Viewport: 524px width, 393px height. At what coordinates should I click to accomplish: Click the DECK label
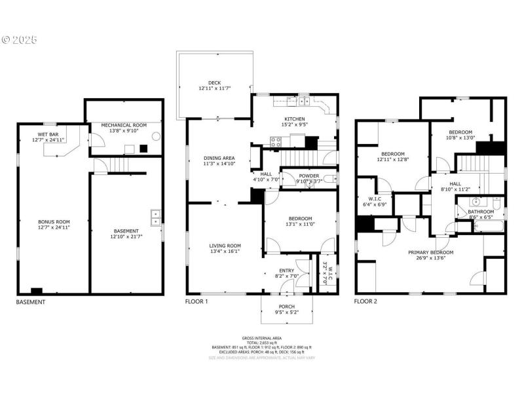[x=215, y=81]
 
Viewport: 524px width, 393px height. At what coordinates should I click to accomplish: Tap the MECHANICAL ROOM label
[x=124, y=124]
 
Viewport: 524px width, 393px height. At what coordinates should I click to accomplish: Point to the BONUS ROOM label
[x=54, y=221]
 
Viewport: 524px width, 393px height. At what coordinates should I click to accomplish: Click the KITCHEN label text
[x=294, y=119]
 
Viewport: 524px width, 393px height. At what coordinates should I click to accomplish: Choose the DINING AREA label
[x=219, y=159]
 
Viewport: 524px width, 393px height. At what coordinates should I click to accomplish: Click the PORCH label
[x=286, y=307]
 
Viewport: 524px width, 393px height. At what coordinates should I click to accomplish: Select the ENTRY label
[x=287, y=271]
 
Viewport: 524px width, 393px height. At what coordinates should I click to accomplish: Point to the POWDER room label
[x=309, y=176]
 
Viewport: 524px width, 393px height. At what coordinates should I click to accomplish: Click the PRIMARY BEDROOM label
[x=430, y=252]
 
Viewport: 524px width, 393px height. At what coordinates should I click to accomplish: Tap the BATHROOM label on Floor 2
[x=481, y=212]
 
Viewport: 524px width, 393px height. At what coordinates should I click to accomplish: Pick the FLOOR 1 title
[x=197, y=302]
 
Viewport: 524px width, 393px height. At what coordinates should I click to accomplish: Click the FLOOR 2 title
[x=365, y=302]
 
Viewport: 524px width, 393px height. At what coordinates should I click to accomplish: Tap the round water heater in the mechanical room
[x=156, y=137]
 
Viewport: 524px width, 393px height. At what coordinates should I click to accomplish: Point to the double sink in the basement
[x=157, y=217]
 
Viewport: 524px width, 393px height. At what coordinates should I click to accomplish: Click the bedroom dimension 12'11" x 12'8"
[x=393, y=159]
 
